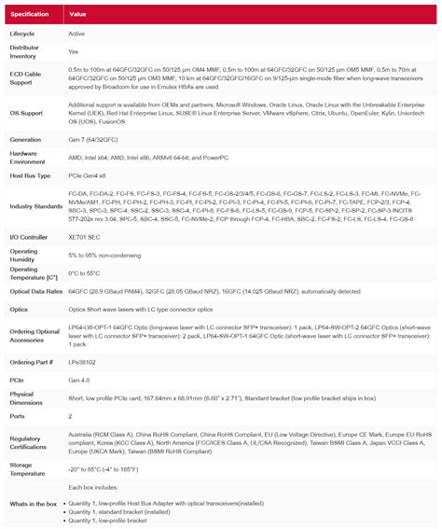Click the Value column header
click(x=77, y=15)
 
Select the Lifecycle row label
click(x=23, y=34)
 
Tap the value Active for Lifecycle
click(x=76, y=34)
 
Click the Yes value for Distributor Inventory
click(x=74, y=52)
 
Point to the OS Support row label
click(x=27, y=114)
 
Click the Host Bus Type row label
click(x=30, y=174)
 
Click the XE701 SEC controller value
click(x=85, y=238)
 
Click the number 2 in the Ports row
click(x=70, y=415)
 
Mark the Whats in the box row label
click(x=34, y=504)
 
